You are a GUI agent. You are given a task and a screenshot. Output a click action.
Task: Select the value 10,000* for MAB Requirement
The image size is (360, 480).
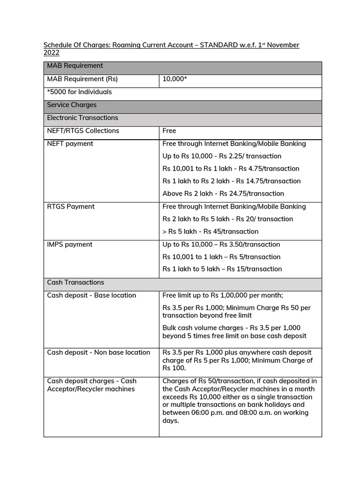click(x=175, y=79)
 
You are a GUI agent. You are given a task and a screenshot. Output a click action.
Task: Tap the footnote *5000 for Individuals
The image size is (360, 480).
click(x=79, y=92)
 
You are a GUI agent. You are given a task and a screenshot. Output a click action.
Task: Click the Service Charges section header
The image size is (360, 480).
click(x=72, y=105)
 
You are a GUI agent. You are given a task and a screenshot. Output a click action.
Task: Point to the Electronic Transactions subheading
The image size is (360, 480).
click(x=82, y=118)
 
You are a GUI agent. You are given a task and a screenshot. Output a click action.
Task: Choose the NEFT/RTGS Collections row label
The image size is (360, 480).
click(x=83, y=131)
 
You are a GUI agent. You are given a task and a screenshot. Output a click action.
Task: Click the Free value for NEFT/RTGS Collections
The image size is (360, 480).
click(x=169, y=131)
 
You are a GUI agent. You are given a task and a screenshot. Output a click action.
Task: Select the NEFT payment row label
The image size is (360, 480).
click(x=70, y=143)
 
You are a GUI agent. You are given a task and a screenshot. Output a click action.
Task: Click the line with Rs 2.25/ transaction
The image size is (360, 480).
click(x=222, y=156)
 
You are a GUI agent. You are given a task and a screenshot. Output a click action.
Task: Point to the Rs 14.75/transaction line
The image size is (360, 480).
click(x=232, y=181)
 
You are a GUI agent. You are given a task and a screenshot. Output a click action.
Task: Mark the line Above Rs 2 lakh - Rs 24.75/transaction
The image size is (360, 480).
click(x=223, y=194)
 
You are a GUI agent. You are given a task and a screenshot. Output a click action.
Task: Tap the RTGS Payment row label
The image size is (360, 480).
click(x=71, y=206)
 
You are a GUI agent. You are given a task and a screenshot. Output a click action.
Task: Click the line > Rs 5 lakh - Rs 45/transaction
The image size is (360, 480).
click(x=210, y=232)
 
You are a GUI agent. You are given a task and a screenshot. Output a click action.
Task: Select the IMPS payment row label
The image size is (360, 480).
click(x=70, y=244)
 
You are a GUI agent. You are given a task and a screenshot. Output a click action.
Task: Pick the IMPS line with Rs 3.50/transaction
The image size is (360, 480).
click(x=221, y=244)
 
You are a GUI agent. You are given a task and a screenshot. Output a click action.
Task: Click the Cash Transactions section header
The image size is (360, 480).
click(x=75, y=282)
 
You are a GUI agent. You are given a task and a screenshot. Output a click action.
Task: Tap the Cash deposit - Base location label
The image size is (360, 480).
click(x=91, y=295)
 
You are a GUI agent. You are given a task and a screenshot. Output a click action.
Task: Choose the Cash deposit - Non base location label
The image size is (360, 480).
click(x=98, y=352)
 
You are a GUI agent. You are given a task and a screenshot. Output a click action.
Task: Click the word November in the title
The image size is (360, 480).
click(x=283, y=45)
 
